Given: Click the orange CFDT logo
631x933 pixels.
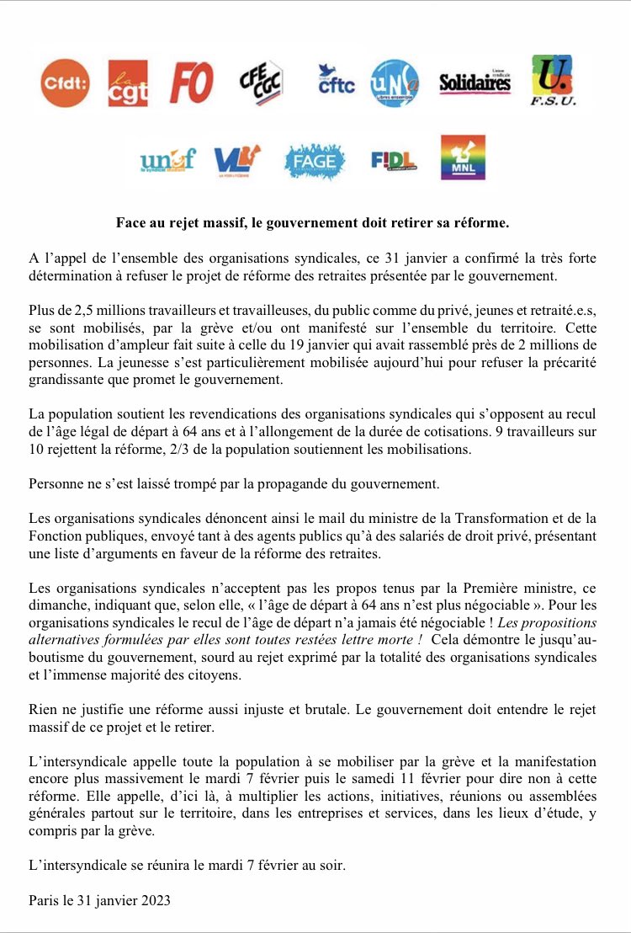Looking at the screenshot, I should pos(65,83).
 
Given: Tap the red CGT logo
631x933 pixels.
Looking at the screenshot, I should pos(128,83).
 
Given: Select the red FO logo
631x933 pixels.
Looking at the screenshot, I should pos(191,83).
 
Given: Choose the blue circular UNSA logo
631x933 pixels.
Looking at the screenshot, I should pos(391,83).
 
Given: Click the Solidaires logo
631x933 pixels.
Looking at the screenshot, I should pos(475,82).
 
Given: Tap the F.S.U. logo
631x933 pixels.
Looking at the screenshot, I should pos(553,81).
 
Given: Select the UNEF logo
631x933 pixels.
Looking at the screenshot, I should pos(167,157).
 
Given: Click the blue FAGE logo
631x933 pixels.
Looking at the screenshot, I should pos(314,158).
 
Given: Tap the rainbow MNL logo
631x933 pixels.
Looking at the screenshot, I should pos(463,157).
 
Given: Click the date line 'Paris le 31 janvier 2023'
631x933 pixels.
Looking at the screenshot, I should pos(99,901).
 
